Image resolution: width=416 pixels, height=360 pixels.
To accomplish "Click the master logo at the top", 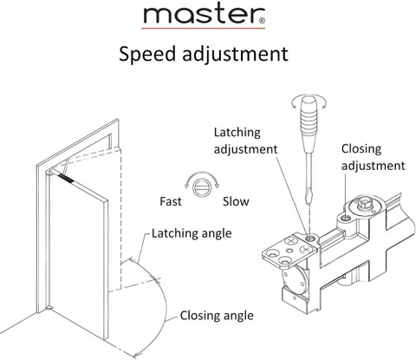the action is tap(204, 15).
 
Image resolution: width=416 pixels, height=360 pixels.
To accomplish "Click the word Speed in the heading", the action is tap(147, 54).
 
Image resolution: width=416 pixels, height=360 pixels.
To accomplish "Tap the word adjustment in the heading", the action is tap(236, 54).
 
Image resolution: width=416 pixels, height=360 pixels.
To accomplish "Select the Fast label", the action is tap(171, 201).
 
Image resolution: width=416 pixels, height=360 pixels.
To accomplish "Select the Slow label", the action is tap(236, 201).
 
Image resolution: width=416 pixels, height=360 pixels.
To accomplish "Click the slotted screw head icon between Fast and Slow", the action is tap(202, 187).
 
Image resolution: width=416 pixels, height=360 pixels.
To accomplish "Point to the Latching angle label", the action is tap(192, 233).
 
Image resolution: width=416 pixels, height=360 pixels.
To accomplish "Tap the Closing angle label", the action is tap(217, 316).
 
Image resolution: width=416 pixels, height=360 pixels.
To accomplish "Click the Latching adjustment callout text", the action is tap(245, 141).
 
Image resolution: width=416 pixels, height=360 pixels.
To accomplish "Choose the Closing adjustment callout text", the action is tap(373, 157).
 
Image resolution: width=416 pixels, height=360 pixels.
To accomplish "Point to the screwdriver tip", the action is tap(309, 203).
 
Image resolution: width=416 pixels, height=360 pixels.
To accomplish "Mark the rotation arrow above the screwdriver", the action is tap(309, 101).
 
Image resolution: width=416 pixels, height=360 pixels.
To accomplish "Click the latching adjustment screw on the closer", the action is tap(310, 239).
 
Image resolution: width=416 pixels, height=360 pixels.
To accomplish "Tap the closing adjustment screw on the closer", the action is tap(346, 218).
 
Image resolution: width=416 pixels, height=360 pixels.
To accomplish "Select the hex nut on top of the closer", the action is tap(364, 205).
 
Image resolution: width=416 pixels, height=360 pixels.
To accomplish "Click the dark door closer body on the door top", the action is tap(65, 179).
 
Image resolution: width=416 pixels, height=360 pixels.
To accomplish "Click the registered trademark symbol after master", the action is tap(262, 21).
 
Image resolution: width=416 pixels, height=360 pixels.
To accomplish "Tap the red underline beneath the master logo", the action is tap(203, 29).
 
